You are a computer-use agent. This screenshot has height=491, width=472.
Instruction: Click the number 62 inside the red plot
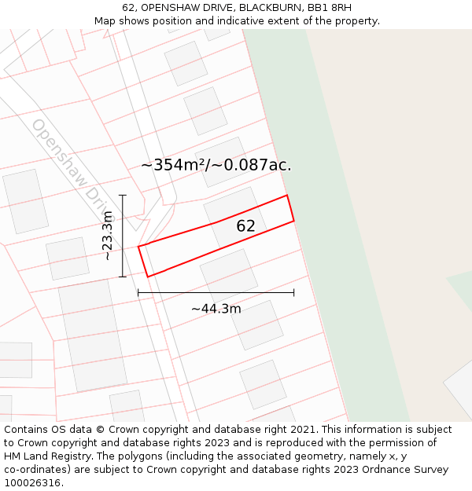tap(245, 226)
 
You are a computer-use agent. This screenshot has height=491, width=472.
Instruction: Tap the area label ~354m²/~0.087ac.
tap(216, 165)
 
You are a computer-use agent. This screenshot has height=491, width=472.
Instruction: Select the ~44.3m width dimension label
tap(216, 309)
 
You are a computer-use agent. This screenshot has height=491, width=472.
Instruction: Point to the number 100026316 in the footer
tap(32, 483)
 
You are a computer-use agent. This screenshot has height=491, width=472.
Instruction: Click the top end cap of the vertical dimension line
tap(123, 195)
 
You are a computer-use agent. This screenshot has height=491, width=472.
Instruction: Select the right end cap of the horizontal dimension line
tap(294, 292)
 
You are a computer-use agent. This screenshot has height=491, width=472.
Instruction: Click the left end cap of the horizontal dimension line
tap(138, 292)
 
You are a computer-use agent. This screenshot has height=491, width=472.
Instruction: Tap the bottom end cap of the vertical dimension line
tap(123, 277)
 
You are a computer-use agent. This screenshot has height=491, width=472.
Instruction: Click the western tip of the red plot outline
tap(139, 247)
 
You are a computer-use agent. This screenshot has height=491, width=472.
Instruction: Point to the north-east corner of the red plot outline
tap(287, 196)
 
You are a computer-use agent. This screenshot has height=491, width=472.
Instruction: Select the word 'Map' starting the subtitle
tap(105, 21)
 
